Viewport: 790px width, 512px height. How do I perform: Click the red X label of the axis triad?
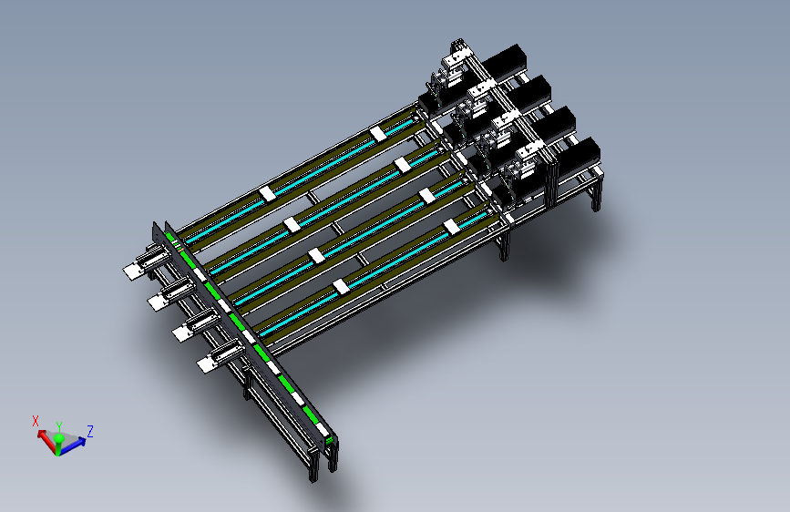36,421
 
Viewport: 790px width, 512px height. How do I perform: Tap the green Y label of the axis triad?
59,426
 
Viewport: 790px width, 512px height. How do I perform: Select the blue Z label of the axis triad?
90,431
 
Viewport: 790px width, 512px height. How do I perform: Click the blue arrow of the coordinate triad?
72,445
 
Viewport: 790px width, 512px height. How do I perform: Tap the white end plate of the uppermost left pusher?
133,271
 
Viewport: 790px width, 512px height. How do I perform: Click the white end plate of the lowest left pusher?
208,364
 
